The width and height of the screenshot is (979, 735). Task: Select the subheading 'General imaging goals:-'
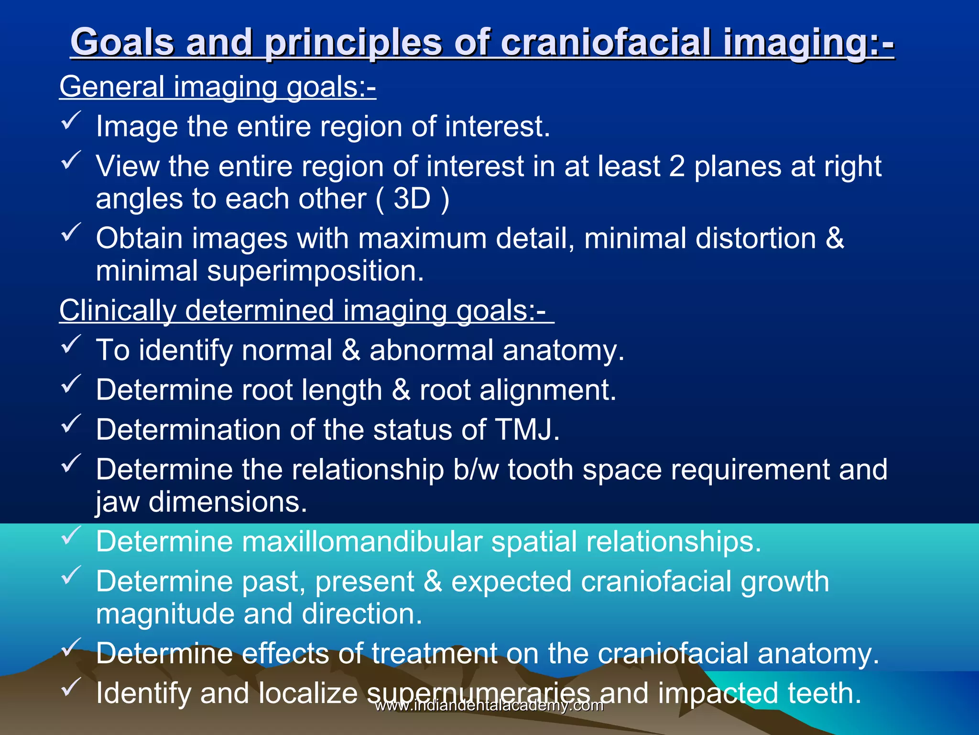(x=218, y=87)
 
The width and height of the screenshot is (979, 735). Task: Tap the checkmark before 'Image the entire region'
(x=71, y=120)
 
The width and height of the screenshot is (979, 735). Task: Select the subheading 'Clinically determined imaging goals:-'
(x=306, y=311)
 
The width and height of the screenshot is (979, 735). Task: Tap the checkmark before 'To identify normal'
(x=71, y=344)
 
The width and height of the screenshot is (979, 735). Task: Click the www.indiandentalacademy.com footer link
(x=489, y=705)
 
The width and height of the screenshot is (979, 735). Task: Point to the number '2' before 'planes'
(x=677, y=167)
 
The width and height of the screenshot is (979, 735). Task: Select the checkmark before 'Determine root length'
(x=71, y=384)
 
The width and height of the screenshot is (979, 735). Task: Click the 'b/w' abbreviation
(x=476, y=469)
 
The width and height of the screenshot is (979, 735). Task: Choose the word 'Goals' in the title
(x=122, y=42)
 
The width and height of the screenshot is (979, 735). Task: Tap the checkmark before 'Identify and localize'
(x=71, y=687)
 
